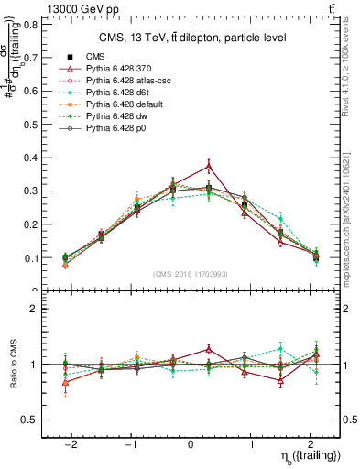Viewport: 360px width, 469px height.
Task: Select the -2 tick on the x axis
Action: pos(70,443)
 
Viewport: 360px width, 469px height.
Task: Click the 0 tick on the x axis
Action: pos(190,443)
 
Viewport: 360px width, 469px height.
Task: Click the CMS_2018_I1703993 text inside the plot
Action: pos(190,274)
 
